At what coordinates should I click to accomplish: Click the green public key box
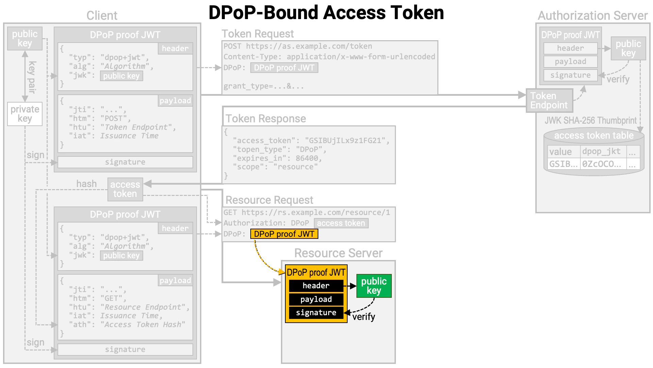tap(374, 286)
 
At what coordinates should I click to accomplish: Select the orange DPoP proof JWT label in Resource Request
tap(284, 234)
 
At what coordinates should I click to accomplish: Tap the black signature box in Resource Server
tap(316, 312)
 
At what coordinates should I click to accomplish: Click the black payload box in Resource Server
tap(316, 299)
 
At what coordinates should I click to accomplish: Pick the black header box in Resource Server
tap(316, 286)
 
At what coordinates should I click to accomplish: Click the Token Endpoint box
tap(549, 101)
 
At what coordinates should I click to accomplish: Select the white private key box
tap(25, 114)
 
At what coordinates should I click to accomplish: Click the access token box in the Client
tap(125, 189)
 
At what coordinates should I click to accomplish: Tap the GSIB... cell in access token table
tap(563, 164)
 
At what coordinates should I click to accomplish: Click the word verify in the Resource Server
tap(364, 317)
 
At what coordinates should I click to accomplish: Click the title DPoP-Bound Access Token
tap(326, 13)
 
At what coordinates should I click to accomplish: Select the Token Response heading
tap(266, 119)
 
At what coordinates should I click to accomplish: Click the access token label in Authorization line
tap(341, 223)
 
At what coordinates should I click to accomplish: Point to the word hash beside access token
tap(86, 184)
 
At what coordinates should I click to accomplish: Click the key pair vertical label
tap(32, 77)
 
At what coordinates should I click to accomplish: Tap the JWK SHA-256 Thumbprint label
tap(590, 120)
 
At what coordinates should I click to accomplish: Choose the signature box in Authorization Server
tap(570, 75)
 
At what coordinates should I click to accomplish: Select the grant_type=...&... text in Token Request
tap(263, 86)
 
